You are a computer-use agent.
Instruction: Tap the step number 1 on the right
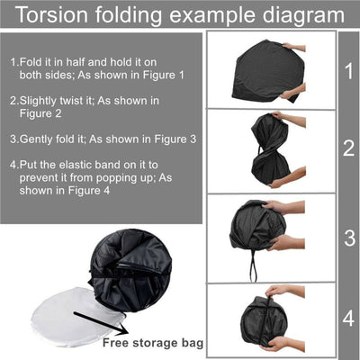347,69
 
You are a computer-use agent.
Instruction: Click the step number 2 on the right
347,148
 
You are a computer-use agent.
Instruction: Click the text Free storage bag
152,342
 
